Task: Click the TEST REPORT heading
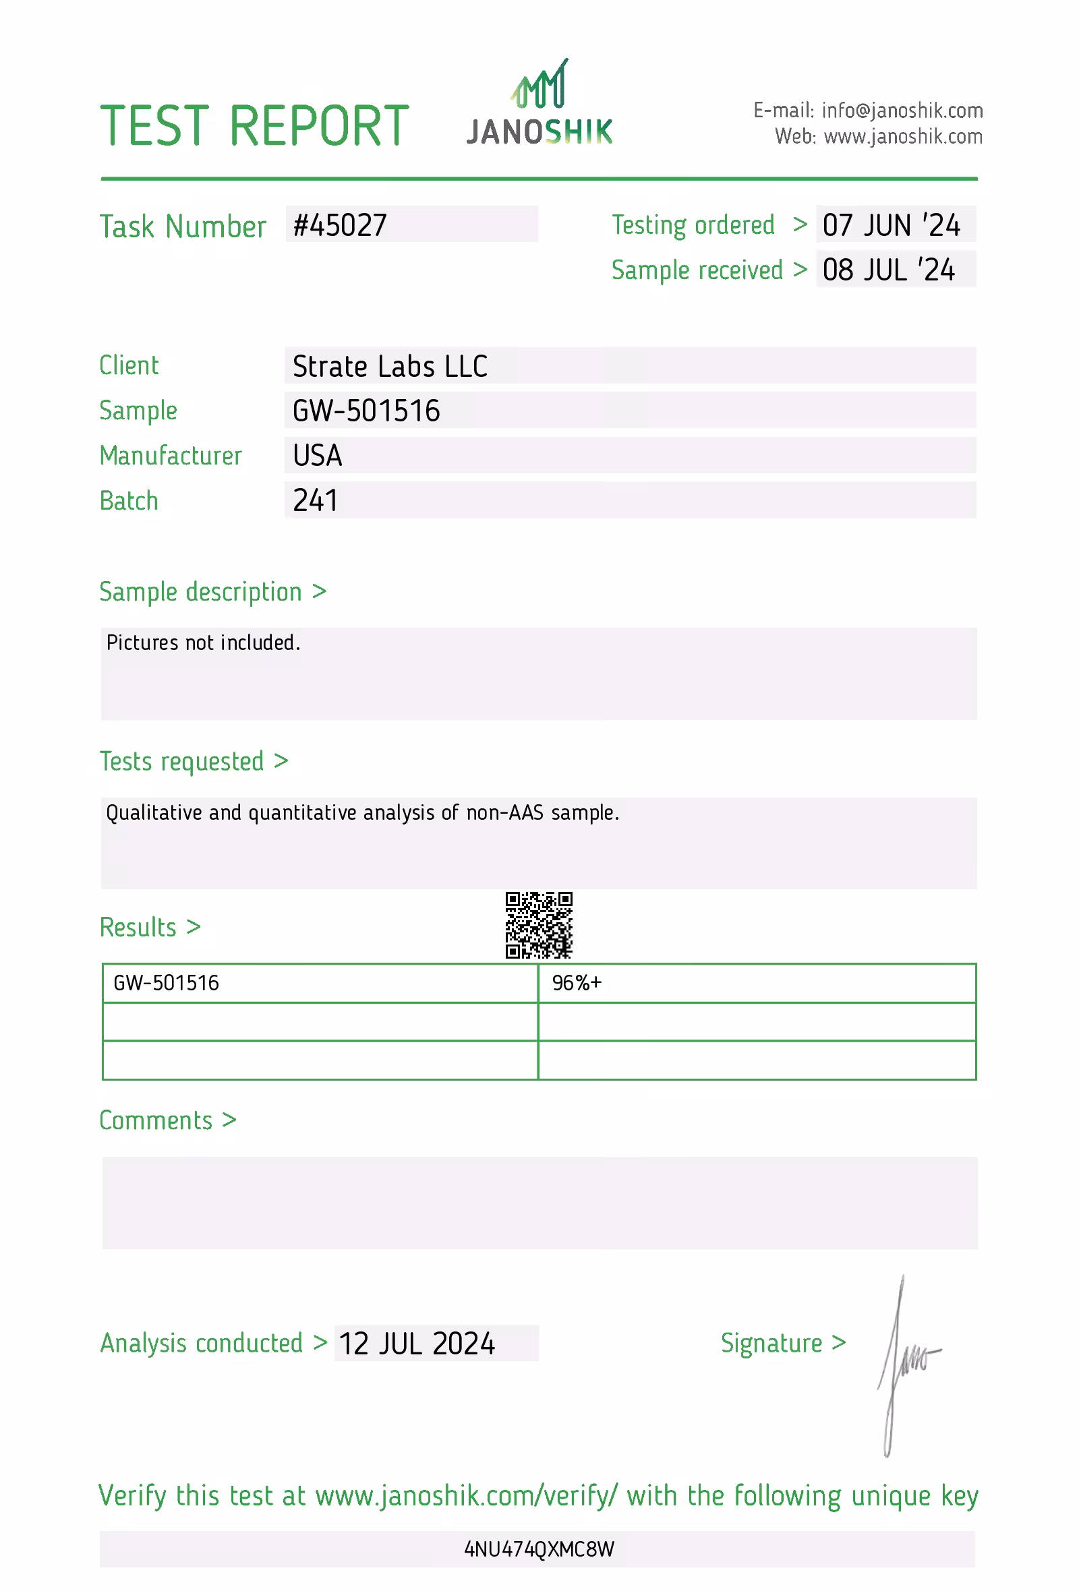tap(254, 126)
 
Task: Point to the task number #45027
tap(340, 225)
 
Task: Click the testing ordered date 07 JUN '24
tap(892, 225)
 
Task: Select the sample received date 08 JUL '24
tap(888, 270)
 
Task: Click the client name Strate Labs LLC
tap(390, 366)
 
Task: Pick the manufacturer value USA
tap(317, 455)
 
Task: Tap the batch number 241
tap(315, 500)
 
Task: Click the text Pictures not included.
tap(203, 643)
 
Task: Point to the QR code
tap(539, 925)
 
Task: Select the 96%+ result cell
tap(577, 983)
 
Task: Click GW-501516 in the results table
tap(167, 983)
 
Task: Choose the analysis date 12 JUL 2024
tap(416, 1344)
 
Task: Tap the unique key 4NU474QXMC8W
tap(539, 1549)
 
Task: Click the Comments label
tap(156, 1120)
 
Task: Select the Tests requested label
tap(181, 761)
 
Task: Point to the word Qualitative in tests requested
tap(154, 813)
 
